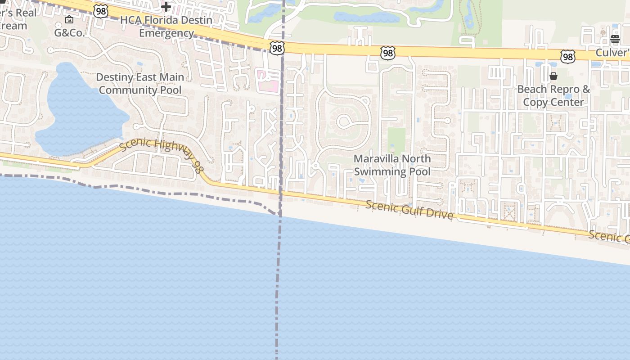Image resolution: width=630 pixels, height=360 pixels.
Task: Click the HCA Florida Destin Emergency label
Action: (x=166, y=27)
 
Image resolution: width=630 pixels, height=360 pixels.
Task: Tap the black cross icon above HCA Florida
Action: (x=166, y=7)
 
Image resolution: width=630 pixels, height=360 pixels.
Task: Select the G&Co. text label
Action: (x=69, y=33)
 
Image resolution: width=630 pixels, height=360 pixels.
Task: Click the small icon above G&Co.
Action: (x=69, y=19)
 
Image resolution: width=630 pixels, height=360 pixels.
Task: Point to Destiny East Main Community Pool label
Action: (x=140, y=84)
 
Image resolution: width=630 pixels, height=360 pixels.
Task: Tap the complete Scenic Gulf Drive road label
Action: (x=409, y=210)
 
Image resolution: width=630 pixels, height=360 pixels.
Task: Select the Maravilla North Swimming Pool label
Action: (x=392, y=165)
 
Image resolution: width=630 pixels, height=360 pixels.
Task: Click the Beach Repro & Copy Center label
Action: (x=553, y=95)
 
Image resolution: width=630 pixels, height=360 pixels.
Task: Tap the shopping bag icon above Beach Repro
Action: (x=553, y=76)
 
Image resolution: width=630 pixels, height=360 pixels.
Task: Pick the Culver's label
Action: (x=612, y=53)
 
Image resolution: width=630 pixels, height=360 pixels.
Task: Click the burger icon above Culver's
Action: (x=615, y=39)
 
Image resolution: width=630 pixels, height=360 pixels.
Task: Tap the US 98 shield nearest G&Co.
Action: (x=101, y=11)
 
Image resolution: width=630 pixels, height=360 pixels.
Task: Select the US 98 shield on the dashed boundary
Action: (x=277, y=48)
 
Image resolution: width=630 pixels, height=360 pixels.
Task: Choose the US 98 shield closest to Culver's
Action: (x=568, y=57)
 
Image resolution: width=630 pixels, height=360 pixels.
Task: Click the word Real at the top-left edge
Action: (x=26, y=13)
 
